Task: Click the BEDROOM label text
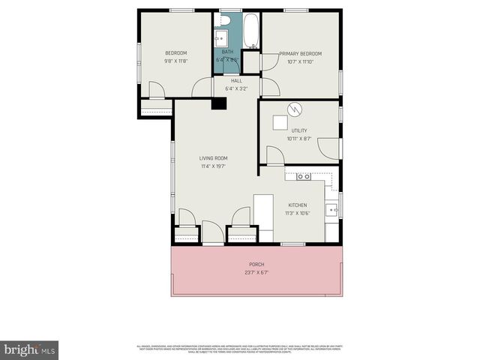(175, 52)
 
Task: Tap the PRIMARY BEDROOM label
(300, 53)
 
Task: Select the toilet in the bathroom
(224, 20)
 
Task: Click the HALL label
(236, 80)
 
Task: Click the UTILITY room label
(299, 130)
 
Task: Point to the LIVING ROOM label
(213, 158)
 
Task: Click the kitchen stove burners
(304, 177)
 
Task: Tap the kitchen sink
(331, 209)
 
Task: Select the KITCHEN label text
(298, 205)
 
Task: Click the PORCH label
(256, 265)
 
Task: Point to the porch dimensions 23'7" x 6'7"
(256, 273)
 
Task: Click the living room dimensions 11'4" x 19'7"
(213, 166)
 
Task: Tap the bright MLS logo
(29, 349)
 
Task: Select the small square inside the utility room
(279, 123)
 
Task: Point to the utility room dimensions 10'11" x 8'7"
(299, 138)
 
